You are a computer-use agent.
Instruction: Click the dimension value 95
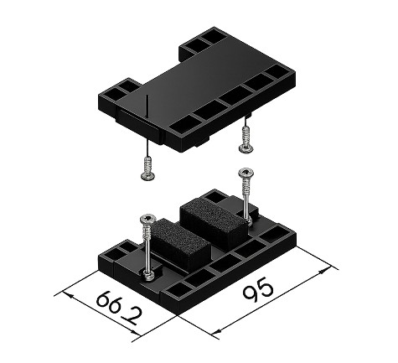(257, 291)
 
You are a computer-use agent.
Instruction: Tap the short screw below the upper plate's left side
(148, 169)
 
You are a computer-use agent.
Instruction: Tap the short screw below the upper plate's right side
(246, 140)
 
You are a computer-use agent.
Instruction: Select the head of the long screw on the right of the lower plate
(246, 172)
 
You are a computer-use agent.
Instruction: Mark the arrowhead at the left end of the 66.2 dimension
(68, 295)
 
